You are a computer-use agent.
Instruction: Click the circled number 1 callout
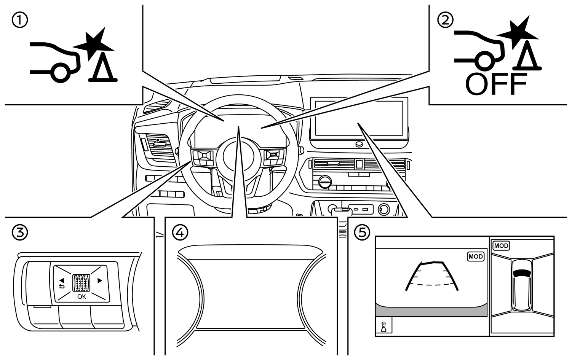(20, 20)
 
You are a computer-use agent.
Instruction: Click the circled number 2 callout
(445, 20)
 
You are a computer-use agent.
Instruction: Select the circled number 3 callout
(20, 233)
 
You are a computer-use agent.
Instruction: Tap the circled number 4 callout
(180, 233)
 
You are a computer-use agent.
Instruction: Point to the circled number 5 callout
(362, 233)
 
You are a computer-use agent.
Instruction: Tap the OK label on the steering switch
(81, 296)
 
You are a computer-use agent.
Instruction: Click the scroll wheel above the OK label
(81, 283)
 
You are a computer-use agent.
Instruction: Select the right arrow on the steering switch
(100, 281)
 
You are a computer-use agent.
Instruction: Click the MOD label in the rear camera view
(476, 256)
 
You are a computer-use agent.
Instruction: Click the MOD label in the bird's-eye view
(501, 246)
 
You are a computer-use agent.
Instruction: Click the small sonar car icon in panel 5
(383, 327)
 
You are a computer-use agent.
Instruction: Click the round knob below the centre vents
(325, 182)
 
